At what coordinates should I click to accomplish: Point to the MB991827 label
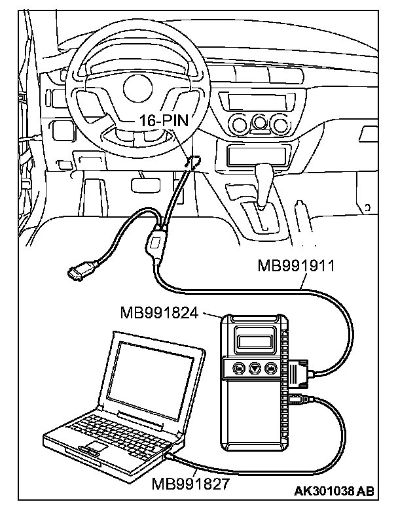click(x=189, y=484)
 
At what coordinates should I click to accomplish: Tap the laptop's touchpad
click(x=93, y=446)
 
